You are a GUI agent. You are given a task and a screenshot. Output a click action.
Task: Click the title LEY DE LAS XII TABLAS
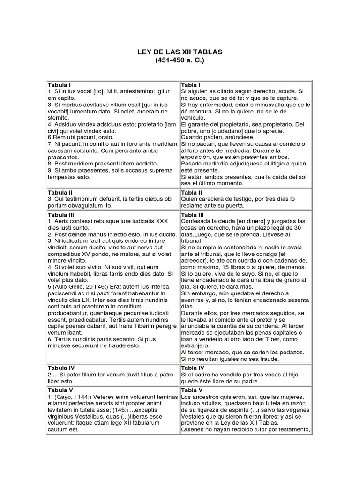coord(180,52)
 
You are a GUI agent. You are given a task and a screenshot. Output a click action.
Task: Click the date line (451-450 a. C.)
coord(180,60)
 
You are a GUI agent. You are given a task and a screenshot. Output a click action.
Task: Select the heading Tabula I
coord(59,84)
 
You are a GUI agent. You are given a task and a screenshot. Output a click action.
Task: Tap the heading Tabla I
coord(191,84)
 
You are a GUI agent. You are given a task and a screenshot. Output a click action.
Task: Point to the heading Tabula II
coord(60,192)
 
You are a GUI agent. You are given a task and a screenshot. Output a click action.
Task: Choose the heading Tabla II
coord(192,192)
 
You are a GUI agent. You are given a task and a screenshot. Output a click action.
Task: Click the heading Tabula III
coord(61,215)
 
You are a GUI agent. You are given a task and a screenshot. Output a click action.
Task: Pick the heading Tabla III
coord(193,215)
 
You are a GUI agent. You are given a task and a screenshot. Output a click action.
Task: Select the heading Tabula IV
coord(61,368)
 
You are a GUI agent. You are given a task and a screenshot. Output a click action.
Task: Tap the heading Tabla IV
coord(193,368)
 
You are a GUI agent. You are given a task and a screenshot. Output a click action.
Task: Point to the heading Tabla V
coord(192,390)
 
